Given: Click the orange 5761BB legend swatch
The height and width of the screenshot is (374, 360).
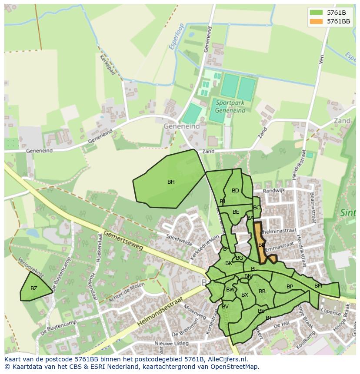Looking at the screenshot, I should tap(316, 21).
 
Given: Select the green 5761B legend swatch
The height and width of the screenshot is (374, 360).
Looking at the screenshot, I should tap(316, 13).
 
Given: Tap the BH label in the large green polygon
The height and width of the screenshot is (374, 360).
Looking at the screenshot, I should tap(171, 182).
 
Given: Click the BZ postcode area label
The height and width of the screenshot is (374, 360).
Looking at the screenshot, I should tap(34, 288).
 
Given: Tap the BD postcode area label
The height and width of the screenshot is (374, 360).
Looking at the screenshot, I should tap(235, 191).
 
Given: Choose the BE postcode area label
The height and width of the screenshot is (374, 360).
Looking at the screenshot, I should tap(236, 212).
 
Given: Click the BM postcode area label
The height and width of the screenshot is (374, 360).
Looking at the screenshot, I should tap(318, 286).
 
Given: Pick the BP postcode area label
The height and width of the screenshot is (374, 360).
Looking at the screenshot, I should tap(290, 287).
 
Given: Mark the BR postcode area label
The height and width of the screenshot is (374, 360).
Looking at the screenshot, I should tap(262, 291).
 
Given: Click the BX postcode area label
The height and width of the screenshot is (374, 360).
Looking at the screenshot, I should tap(244, 295).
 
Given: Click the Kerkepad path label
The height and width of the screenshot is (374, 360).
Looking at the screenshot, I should tap(107, 65).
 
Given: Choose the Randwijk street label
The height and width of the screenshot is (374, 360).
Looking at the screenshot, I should tap(274, 190).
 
